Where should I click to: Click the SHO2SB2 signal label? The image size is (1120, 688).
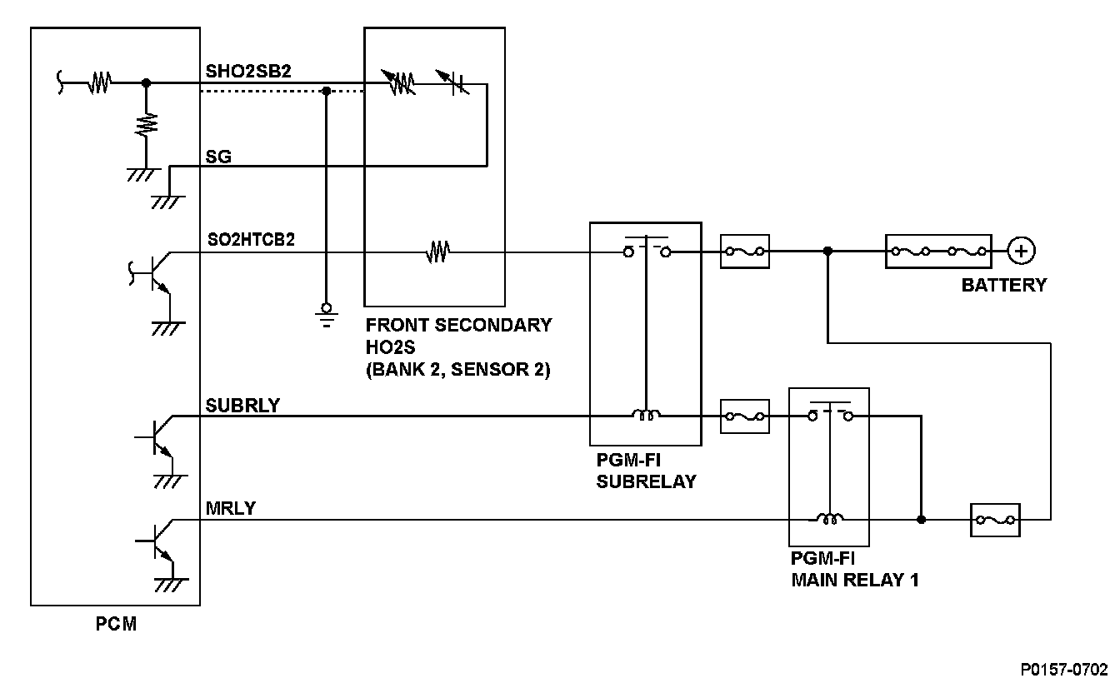pos(248,72)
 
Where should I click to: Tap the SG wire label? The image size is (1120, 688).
pos(218,157)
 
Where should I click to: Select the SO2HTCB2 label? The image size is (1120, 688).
pos(251,240)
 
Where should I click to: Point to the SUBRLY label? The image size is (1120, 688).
pos(242,406)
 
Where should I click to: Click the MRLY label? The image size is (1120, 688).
pos(231,509)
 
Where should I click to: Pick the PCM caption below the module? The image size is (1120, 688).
pos(116,624)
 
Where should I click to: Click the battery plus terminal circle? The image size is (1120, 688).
pos(1021,251)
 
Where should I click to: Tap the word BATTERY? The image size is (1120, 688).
pos(1004,286)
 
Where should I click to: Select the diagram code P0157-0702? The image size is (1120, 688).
pos(1064,670)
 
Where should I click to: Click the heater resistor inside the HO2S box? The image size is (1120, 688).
pos(437,252)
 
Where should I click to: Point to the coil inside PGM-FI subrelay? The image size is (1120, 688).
pos(646,415)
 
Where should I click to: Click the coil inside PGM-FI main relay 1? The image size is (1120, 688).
pos(829,519)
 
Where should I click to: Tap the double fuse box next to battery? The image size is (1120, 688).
pos(938,252)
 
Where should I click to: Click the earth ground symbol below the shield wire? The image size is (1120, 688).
pos(327,316)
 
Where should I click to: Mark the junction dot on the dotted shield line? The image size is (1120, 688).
pos(327,91)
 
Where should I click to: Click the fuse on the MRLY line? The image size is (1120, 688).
pos(995,520)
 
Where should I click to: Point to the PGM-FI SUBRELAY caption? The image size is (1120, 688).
pos(646,471)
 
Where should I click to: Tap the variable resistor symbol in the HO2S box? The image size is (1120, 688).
pos(398,82)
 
